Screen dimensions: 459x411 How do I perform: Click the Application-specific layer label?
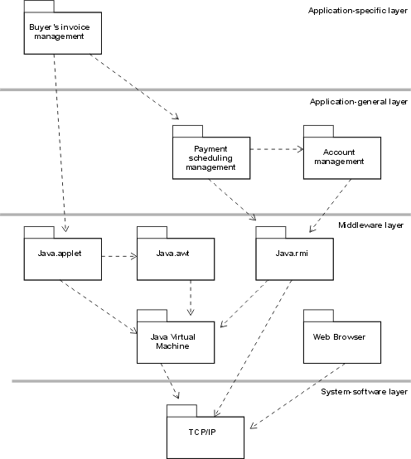click(x=356, y=11)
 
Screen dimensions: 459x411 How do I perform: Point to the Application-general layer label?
click(x=359, y=102)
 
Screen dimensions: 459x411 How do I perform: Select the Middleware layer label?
click(x=371, y=225)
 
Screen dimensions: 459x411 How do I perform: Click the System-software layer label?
click(x=364, y=391)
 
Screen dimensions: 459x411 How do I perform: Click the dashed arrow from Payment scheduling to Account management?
click(x=275, y=150)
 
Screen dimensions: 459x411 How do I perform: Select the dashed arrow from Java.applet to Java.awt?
click(x=118, y=256)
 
